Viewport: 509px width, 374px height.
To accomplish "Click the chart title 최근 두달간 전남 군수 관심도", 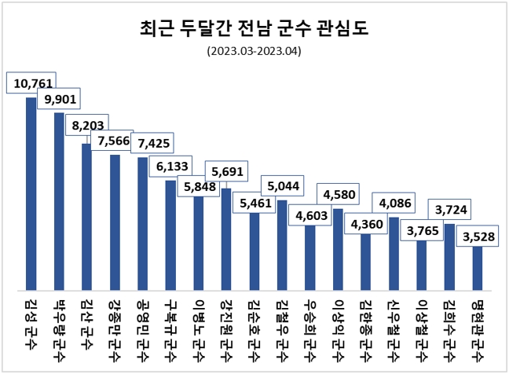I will pyautogui.click(x=254, y=30).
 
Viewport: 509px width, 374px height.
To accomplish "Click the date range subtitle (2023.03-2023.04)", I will pyautogui.click(x=254, y=51).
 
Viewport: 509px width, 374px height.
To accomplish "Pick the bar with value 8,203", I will pyautogui.click(x=87, y=216).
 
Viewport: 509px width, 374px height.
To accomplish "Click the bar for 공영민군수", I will pyautogui.click(x=142, y=224).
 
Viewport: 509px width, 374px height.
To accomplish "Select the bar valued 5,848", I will pyautogui.click(x=198, y=244).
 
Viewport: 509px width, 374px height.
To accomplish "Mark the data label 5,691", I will pyautogui.click(x=227, y=170).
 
